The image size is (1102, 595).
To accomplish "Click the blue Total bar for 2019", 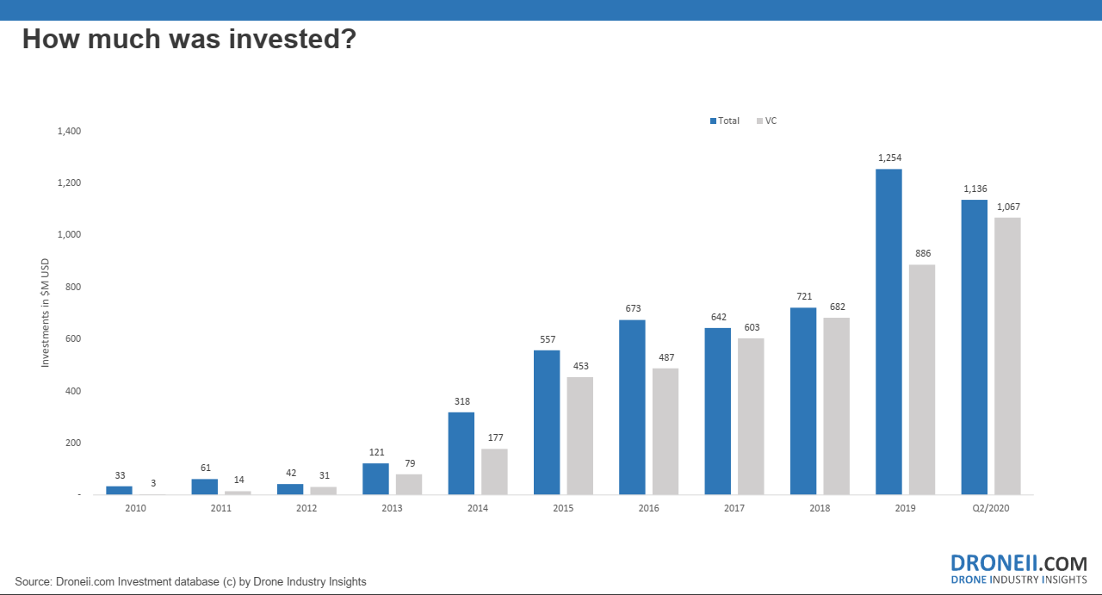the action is [x=888, y=332].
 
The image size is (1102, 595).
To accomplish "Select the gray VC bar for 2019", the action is [x=922, y=380].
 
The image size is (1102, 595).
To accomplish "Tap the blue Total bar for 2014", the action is [x=461, y=453].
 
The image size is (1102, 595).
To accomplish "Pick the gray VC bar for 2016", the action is [x=666, y=431].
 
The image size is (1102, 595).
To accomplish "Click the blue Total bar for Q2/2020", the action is [x=974, y=347].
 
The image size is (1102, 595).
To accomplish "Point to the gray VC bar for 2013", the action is [x=409, y=484].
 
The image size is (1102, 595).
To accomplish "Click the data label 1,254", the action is [x=890, y=158].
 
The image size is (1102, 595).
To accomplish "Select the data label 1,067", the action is [x=1008, y=207].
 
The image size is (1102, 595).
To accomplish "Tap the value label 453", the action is [x=581, y=366].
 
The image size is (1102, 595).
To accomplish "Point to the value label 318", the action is [x=462, y=401].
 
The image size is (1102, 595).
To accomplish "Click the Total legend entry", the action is [x=725, y=121].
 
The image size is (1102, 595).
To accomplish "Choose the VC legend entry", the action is [x=766, y=121].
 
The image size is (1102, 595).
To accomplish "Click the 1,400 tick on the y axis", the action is [x=70, y=131].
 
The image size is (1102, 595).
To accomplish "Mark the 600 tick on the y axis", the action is [x=73, y=338].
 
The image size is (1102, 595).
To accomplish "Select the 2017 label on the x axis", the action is [x=734, y=508].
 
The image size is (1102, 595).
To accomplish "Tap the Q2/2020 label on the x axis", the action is [x=991, y=508].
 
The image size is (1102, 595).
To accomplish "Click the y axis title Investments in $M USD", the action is [x=46, y=313].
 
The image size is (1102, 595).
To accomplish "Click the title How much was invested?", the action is [x=189, y=39].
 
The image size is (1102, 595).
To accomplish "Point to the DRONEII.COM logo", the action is [x=1018, y=569].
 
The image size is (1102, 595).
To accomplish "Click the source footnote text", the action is [x=191, y=582].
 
